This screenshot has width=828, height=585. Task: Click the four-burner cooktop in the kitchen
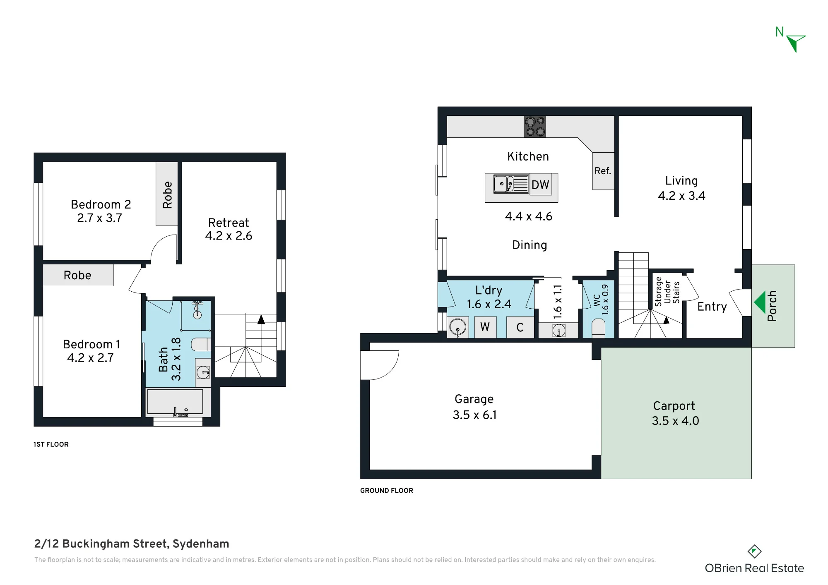[x=535, y=127]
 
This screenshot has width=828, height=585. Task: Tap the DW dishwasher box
[x=541, y=185]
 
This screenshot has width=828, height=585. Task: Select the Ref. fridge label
[x=603, y=171]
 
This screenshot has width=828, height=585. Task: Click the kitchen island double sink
[x=511, y=184]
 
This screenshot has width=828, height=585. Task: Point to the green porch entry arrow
[x=760, y=302]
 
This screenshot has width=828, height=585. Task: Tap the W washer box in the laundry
[x=485, y=327]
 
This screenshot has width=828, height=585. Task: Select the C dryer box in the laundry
[x=520, y=327]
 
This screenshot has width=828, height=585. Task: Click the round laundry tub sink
[x=457, y=327]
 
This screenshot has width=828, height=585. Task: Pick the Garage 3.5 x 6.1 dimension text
[x=474, y=415]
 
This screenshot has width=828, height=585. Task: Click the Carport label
[x=674, y=406]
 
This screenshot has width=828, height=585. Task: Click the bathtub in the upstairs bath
[x=175, y=402]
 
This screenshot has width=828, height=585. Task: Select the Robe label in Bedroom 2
[x=167, y=195]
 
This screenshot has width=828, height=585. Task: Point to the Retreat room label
[x=229, y=223]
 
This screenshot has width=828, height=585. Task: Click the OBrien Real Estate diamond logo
[x=754, y=551]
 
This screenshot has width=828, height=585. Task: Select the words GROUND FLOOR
[x=387, y=491]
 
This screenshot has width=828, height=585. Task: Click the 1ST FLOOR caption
[x=51, y=444]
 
